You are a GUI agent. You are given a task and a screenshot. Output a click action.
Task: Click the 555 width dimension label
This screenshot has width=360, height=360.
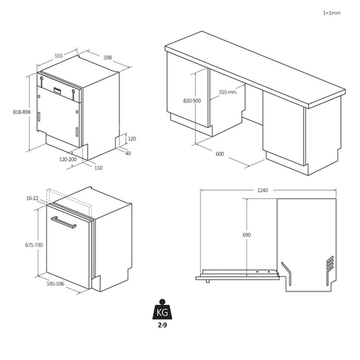point(59,55)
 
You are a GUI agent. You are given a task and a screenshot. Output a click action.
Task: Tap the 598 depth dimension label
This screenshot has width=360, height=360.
point(107,58)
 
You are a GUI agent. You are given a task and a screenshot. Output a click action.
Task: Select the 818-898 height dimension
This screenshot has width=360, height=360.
point(21,112)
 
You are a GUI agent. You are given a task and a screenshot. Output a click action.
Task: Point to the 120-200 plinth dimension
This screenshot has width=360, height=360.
point(67,160)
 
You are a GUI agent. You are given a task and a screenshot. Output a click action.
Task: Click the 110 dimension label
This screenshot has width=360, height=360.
point(98,167)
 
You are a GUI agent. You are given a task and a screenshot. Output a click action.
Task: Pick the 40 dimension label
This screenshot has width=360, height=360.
point(128,152)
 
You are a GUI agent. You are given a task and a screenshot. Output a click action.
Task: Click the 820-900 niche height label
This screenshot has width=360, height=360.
point(192,101)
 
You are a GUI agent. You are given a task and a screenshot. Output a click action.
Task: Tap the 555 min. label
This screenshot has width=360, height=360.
point(228,92)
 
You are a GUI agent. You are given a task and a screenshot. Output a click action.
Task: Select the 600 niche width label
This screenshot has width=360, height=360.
point(219,154)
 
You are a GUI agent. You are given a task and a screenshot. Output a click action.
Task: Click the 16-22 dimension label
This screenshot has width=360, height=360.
point(32,197)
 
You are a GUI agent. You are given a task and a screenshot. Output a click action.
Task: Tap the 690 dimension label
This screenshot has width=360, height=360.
point(246,235)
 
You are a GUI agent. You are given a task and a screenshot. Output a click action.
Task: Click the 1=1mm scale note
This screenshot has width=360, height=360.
point(331,13)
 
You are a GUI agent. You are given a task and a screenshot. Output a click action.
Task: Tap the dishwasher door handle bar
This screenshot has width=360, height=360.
point(63,223)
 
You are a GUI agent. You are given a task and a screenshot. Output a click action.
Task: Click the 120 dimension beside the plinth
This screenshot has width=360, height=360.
point(132,139)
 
